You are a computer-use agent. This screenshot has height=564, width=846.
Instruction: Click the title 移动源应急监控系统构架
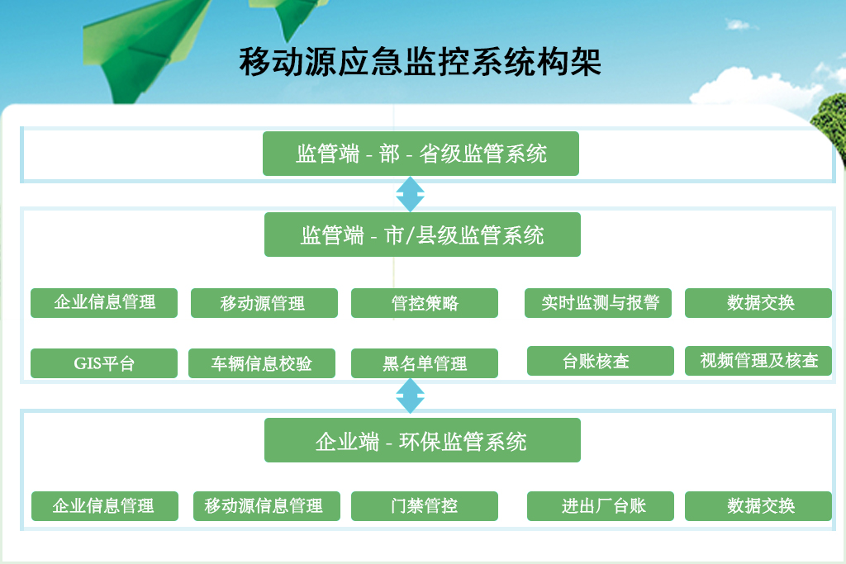[x=421, y=61]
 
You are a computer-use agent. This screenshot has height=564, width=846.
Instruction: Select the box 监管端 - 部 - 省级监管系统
[x=421, y=154]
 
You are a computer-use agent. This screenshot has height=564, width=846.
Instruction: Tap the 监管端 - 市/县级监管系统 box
[x=422, y=235]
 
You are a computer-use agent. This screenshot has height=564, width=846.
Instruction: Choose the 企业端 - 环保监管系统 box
[x=422, y=440]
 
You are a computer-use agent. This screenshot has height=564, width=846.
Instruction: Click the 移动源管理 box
[x=264, y=303]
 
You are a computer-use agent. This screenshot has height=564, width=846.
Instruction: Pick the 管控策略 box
[x=425, y=303]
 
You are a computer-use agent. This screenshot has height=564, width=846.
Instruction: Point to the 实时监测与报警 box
[x=598, y=303]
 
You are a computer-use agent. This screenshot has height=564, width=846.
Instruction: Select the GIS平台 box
[x=104, y=363]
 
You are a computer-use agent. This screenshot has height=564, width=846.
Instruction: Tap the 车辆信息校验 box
[x=262, y=363]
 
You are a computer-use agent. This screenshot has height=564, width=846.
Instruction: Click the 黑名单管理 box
[x=425, y=363]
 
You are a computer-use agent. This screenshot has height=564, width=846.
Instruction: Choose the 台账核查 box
[x=601, y=361]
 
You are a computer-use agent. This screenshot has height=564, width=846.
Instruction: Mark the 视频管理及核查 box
[x=758, y=361]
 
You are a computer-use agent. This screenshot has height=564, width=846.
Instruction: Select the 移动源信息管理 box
[x=267, y=505]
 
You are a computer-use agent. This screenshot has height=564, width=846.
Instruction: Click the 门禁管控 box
[x=425, y=505]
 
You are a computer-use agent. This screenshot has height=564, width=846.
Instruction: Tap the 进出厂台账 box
[x=601, y=505]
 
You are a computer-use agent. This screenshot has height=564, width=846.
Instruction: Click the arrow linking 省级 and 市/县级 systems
[x=410, y=194]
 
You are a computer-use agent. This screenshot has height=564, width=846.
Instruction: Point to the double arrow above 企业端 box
[x=410, y=396]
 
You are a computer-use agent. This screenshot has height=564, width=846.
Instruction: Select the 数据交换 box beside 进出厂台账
[x=758, y=505]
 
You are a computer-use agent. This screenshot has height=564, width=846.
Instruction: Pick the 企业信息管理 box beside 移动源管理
[x=104, y=303]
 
